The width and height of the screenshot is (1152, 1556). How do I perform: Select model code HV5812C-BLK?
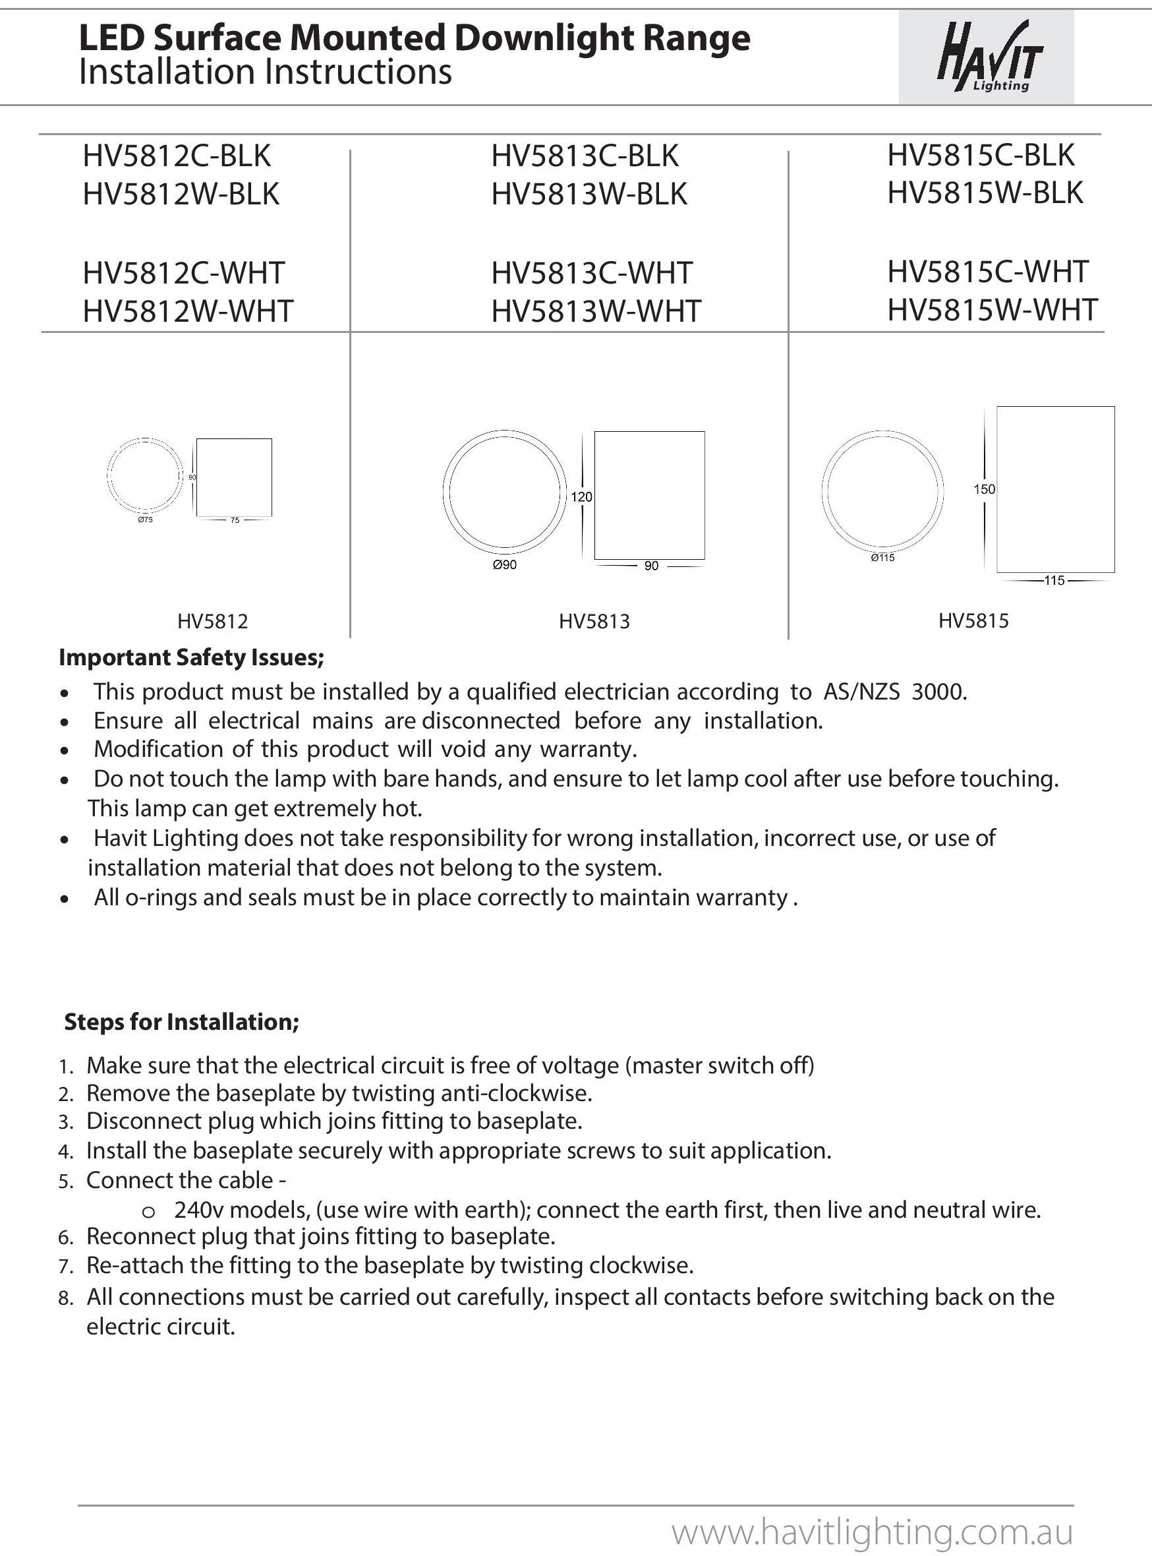tap(177, 156)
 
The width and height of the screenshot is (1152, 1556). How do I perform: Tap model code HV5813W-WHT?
tap(596, 311)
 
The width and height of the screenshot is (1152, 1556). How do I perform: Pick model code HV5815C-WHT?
tap(987, 272)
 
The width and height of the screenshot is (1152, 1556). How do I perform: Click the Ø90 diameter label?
tap(504, 565)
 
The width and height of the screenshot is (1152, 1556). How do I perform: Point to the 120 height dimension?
tap(581, 497)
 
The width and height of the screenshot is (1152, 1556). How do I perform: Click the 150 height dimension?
tap(984, 490)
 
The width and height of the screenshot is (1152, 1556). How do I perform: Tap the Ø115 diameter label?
tap(882, 558)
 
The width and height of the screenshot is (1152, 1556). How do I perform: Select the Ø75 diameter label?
tap(145, 520)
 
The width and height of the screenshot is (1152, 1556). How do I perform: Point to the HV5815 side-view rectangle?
tap(1055, 489)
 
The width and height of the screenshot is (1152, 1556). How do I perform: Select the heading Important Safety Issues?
tap(192, 657)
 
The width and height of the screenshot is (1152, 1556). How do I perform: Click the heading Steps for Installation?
tap(182, 1022)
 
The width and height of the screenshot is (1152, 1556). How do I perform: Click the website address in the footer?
tap(872, 1533)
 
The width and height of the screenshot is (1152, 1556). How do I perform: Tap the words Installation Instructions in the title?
tap(266, 73)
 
